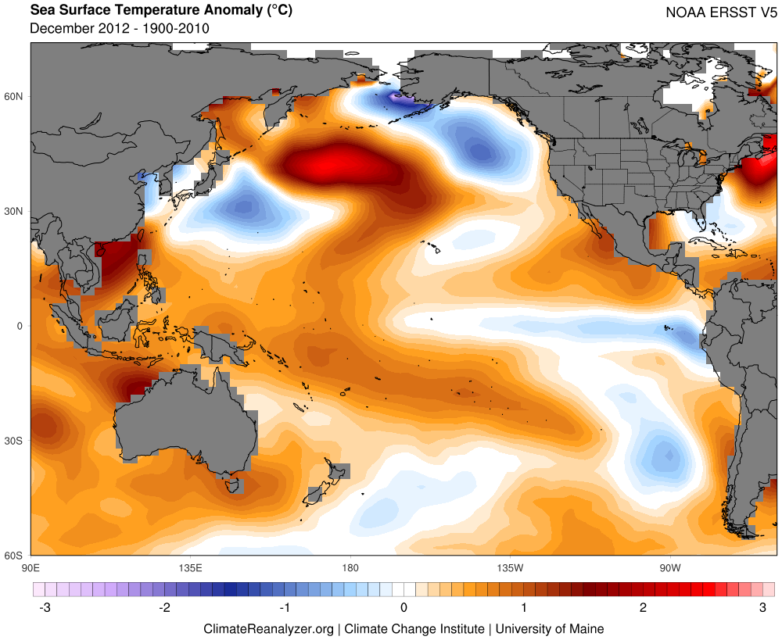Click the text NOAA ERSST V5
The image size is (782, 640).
click(721, 13)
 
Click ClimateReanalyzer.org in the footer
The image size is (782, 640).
click(268, 629)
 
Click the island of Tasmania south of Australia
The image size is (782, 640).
click(232, 485)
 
